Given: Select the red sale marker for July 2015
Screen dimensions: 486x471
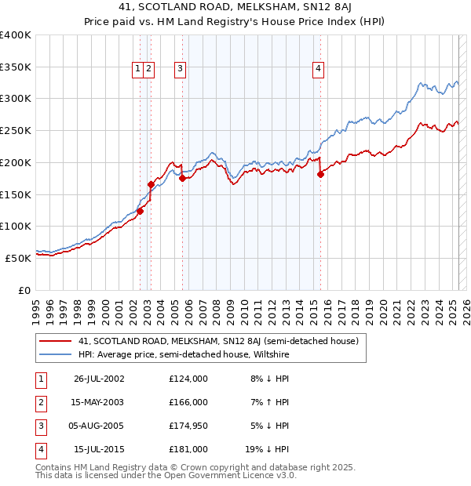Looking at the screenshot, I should (x=320, y=175).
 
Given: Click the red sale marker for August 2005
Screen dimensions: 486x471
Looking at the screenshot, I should (x=182, y=179).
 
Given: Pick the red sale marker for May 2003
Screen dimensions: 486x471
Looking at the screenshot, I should (x=151, y=184).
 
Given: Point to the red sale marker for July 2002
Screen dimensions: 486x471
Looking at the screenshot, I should (x=140, y=211).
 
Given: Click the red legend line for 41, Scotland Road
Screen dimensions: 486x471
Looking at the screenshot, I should (x=55, y=341).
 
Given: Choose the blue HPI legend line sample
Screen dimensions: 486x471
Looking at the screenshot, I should (x=55, y=354).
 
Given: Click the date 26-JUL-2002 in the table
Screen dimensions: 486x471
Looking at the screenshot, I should (x=99, y=379).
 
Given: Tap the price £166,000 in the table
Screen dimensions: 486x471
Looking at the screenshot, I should (x=188, y=402).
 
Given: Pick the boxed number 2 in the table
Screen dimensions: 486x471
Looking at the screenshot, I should (x=39, y=402).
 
